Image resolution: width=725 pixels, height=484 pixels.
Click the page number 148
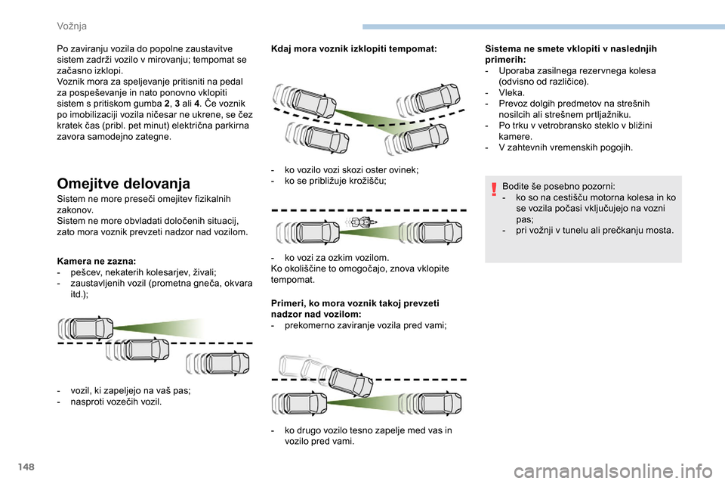(x=27, y=467)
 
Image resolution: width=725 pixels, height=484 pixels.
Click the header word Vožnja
(x=72, y=26)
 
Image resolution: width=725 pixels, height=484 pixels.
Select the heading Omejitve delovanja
(x=123, y=184)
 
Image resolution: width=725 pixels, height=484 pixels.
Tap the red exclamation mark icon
(x=494, y=189)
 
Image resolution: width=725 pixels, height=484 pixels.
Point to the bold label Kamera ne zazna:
(x=96, y=261)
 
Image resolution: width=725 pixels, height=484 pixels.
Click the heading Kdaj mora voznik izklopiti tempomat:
(x=353, y=48)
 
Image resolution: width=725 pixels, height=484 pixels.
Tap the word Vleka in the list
(x=511, y=92)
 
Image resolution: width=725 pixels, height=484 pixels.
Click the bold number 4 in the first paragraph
(x=197, y=104)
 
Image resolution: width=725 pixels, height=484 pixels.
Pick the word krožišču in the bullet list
(x=368, y=181)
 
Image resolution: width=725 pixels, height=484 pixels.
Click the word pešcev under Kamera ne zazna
(x=84, y=272)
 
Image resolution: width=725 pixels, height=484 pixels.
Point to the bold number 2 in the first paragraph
(x=167, y=104)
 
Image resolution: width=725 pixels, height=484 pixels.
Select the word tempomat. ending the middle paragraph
(x=293, y=280)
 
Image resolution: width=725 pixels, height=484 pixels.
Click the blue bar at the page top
(x=543, y=27)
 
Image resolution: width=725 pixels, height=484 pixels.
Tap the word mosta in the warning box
(x=661, y=230)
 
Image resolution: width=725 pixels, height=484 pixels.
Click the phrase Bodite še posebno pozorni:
(x=559, y=187)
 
